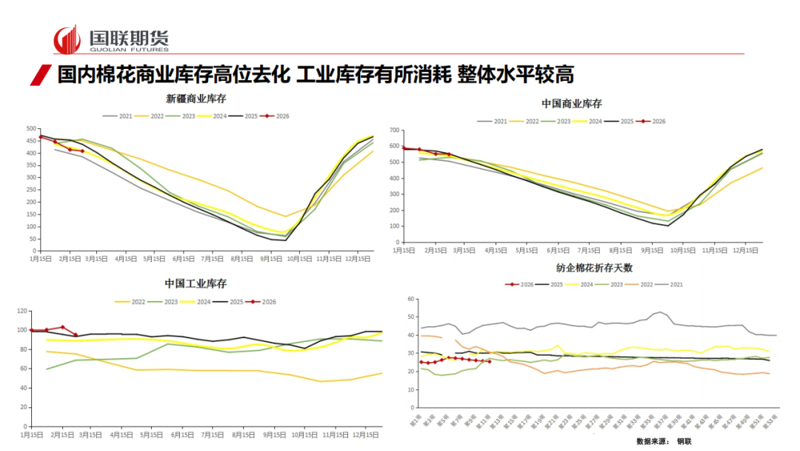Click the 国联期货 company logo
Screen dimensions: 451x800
[111, 39]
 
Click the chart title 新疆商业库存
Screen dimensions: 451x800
[196, 99]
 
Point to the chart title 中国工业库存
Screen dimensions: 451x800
[196, 284]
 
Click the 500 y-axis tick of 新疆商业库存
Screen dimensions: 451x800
[30, 128]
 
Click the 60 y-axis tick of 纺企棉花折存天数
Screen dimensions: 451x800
[409, 299]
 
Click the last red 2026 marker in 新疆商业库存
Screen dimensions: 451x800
[82, 151]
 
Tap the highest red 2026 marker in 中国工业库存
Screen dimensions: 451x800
[62, 327]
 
